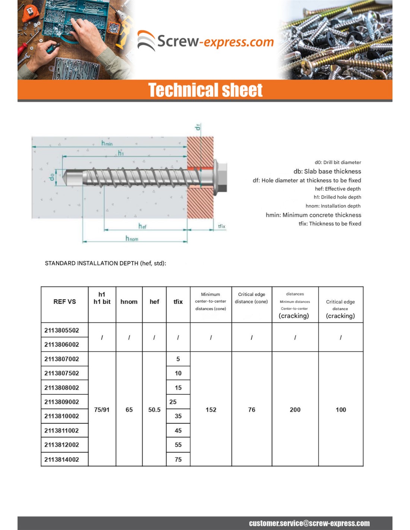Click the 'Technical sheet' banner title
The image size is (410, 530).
[205, 90]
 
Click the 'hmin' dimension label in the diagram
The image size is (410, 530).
[107, 143]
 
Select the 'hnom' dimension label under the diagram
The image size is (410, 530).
[132, 239]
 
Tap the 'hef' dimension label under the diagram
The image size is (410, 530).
[142, 226]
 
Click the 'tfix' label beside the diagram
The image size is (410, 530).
[221, 226]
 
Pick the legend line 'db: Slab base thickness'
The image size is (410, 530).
[327, 171]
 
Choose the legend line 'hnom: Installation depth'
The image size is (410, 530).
[333, 206]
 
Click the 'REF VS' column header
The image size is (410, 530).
[64, 302]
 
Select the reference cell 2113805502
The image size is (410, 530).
[62, 330]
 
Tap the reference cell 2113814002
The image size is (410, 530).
[62, 460]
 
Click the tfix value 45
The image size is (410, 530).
[178, 430]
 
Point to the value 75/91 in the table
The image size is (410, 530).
[102, 410]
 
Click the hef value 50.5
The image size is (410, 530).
[154, 410]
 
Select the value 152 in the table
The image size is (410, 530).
[211, 410]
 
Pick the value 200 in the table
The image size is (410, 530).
[295, 410]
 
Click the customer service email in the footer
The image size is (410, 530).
[309, 523]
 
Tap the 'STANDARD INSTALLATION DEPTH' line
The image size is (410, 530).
[105, 263]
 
